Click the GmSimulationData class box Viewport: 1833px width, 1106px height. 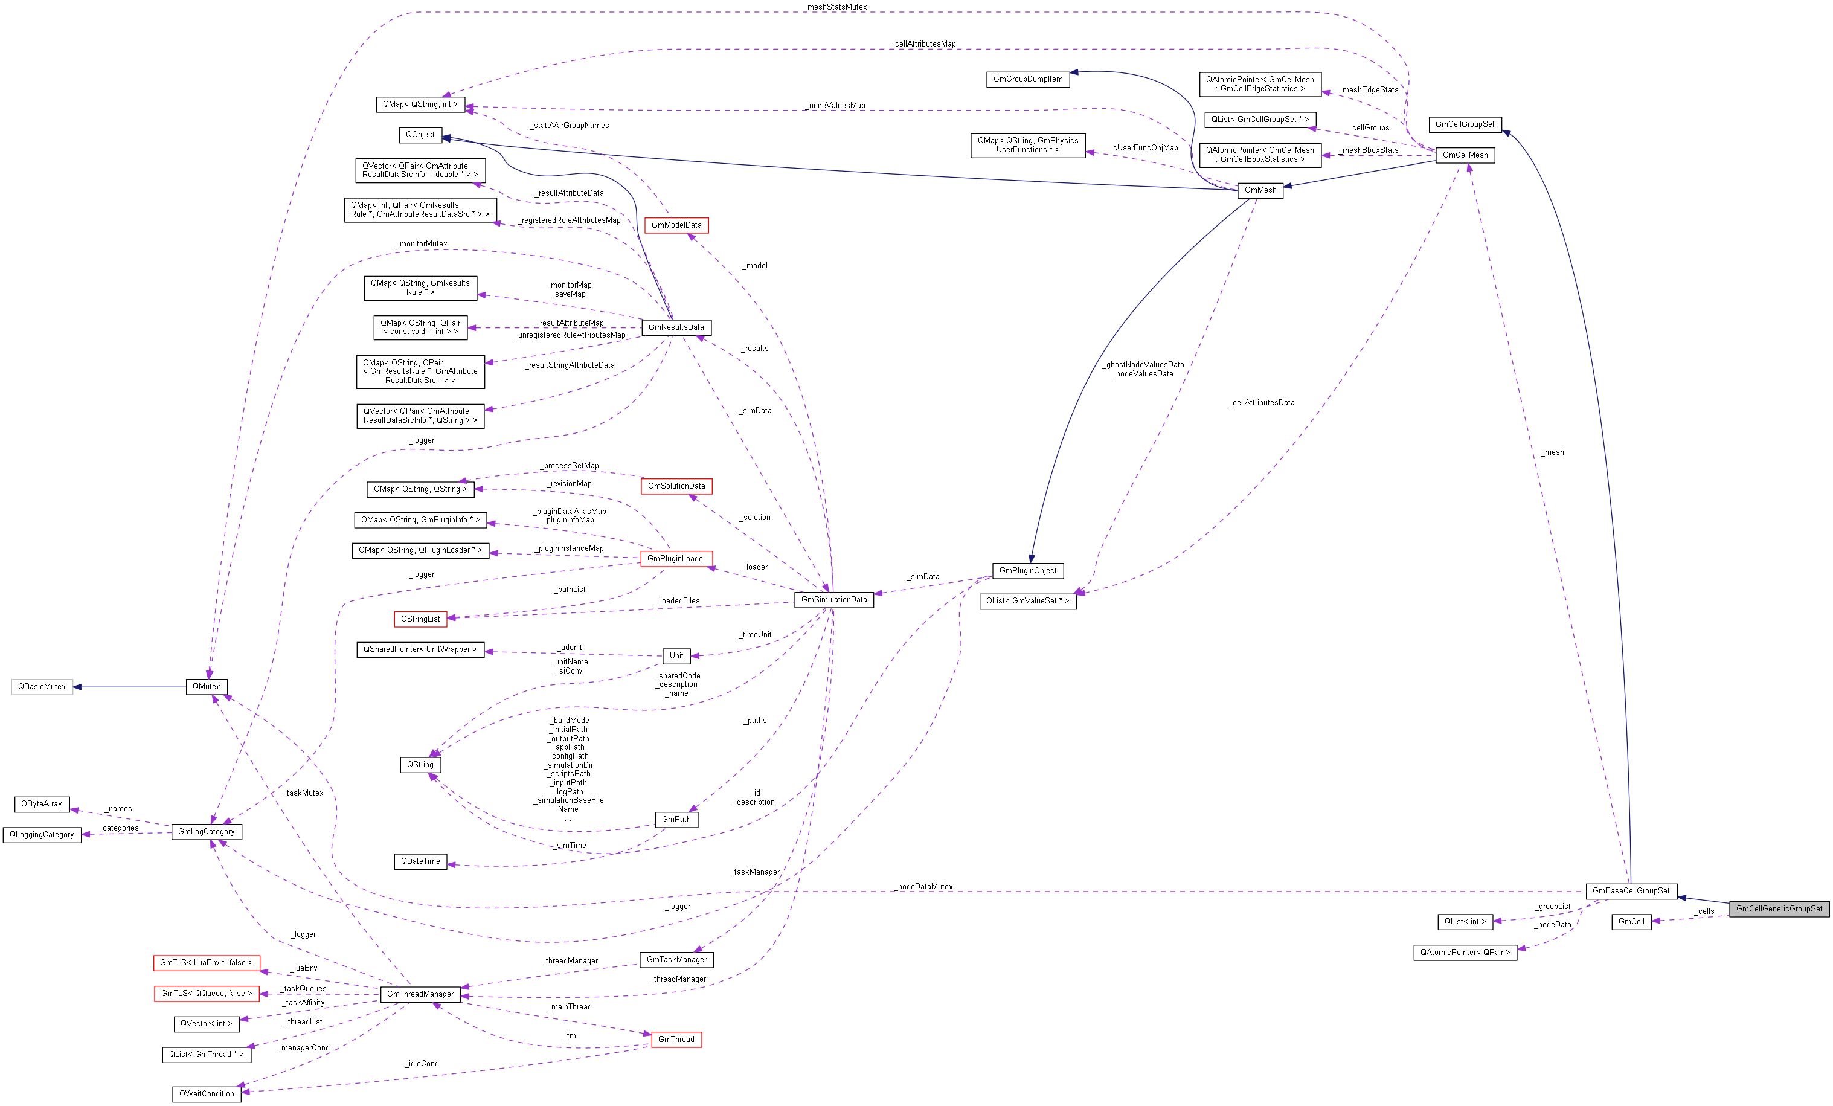(x=833, y=599)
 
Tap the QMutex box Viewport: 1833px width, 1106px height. (x=206, y=687)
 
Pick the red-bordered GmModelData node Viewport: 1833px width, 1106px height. (x=676, y=225)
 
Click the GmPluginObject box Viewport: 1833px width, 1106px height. (x=1027, y=570)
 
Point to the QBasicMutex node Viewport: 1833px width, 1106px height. (x=42, y=687)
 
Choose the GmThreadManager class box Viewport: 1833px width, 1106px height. (x=420, y=994)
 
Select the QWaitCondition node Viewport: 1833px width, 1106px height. (x=206, y=1093)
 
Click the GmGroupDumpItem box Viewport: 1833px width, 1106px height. (x=1027, y=79)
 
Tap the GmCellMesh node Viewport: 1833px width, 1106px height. (x=1465, y=155)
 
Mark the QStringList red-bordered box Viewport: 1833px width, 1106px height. (x=420, y=619)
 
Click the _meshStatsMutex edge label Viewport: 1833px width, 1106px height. (x=835, y=7)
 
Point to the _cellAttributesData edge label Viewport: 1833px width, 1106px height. (x=1262, y=402)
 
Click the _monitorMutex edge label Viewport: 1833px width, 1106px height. (x=422, y=244)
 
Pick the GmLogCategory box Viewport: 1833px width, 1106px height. (x=206, y=832)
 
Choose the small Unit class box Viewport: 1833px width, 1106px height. (x=676, y=655)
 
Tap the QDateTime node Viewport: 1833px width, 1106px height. (x=420, y=861)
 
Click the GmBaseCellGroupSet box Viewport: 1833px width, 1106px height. (x=1630, y=890)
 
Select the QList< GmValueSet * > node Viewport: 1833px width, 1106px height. (x=1027, y=600)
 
